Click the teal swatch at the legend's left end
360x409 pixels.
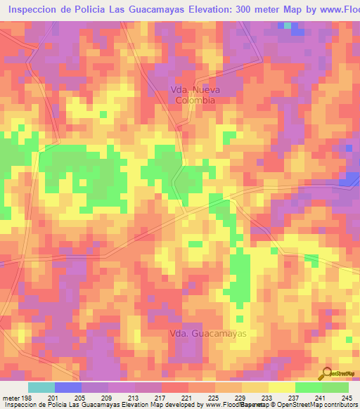(x=41, y=387)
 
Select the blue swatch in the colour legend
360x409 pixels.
(x=68, y=387)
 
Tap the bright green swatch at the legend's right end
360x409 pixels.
(x=335, y=387)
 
